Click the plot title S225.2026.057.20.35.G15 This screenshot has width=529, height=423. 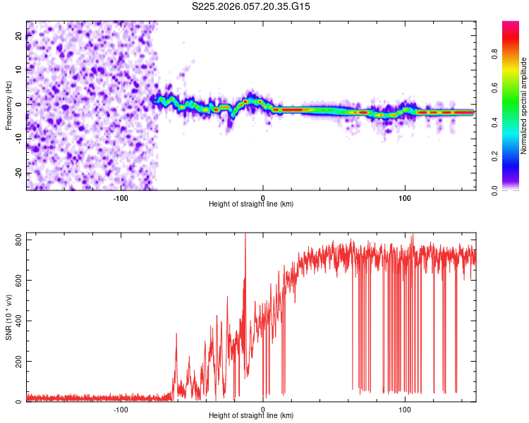point(251,6)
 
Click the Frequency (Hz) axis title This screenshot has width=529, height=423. point(8,106)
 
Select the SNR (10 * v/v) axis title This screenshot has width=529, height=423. point(8,317)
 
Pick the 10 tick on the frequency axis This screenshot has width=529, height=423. point(19,70)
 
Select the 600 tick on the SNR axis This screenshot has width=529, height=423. point(16,281)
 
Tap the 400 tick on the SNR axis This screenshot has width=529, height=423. point(16,321)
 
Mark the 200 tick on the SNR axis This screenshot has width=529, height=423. point(16,362)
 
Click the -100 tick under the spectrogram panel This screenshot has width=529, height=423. point(120,197)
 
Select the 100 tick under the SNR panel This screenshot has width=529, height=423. point(405,409)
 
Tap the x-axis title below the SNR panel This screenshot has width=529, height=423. point(251,417)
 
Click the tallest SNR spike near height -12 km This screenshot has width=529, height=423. point(245,235)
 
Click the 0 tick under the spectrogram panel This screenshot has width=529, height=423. point(263,197)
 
